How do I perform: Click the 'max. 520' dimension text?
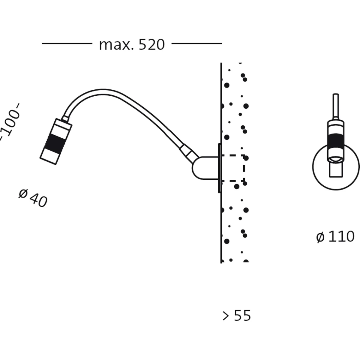[132, 45]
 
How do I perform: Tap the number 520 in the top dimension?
[151, 45]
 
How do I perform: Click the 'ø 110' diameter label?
[335, 237]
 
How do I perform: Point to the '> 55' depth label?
[237, 316]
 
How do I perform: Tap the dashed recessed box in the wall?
[233, 168]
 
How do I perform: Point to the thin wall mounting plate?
[219, 168]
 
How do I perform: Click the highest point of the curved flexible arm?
[102, 91]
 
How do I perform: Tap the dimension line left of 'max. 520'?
[67, 43]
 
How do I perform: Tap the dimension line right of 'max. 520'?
[196, 43]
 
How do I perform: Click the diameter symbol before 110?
[320, 237]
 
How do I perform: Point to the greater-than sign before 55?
[226, 316]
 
